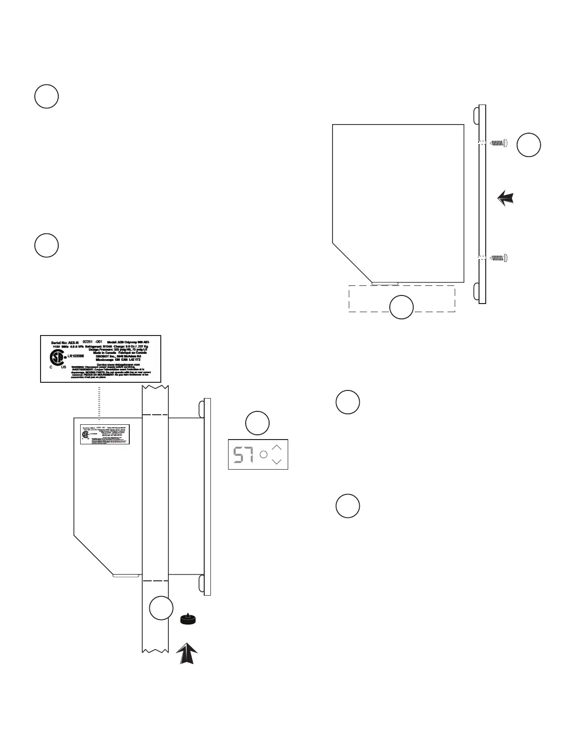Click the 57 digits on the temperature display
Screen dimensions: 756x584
[x=243, y=455]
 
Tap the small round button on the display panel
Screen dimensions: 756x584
[x=263, y=455]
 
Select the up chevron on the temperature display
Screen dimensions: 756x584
[x=277, y=448]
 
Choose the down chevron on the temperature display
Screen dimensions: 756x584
[x=277, y=462]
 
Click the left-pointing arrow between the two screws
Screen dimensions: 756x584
[x=506, y=198]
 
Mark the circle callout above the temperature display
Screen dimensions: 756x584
[x=257, y=423]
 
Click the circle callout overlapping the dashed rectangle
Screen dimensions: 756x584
[x=401, y=307]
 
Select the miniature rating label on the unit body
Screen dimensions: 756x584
[x=105, y=435]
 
